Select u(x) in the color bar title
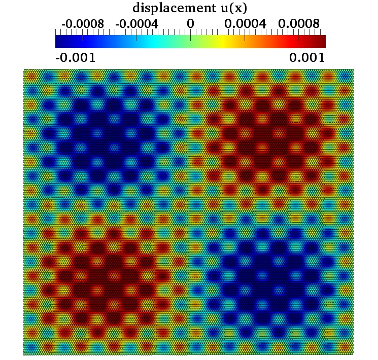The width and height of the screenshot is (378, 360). pyautogui.click(x=229, y=9)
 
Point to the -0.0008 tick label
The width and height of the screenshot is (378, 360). pyautogui.click(x=83, y=23)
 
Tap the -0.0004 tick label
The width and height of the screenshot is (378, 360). pyautogui.click(x=137, y=23)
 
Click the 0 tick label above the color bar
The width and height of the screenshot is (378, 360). pyautogui.click(x=190, y=23)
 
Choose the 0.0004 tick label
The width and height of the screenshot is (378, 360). pyautogui.click(x=246, y=23)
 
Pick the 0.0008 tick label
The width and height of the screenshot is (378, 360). pyautogui.click(x=299, y=23)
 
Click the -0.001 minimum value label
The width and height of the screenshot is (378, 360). pyautogui.click(x=75, y=57)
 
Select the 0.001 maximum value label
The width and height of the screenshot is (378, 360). pyautogui.click(x=307, y=57)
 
